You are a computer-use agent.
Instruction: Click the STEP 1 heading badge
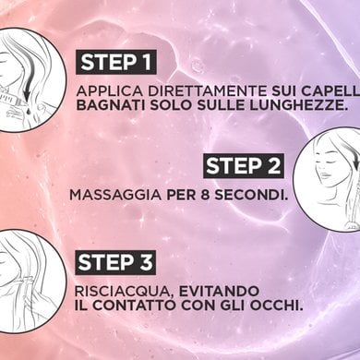(x=116, y=62)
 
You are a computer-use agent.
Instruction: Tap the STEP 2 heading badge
(x=244, y=166)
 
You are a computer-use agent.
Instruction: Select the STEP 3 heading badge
(x=115, y=262)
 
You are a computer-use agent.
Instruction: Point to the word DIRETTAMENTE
(x=208, y=91)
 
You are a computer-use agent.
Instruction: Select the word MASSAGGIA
(x=115, y=195)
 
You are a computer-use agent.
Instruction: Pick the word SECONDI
(x=251, y=195)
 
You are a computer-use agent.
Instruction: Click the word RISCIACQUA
(x=125, y=292)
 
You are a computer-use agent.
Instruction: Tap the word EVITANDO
(x=219, y=291)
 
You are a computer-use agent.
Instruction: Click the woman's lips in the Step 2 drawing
(x=321, y=185)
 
